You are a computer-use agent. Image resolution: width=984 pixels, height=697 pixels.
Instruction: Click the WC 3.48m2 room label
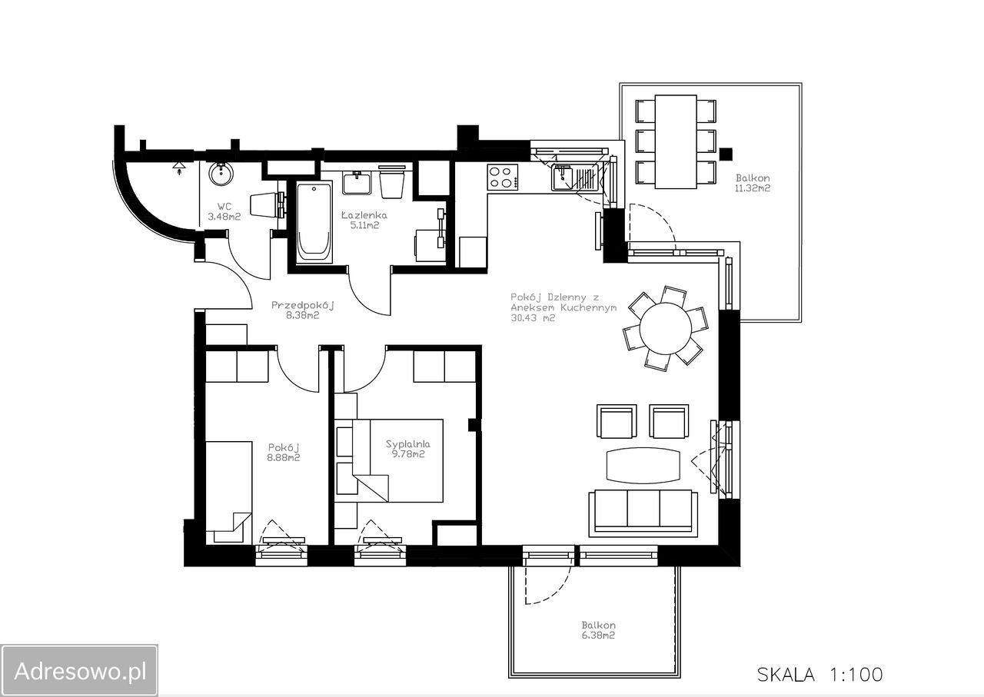point(224,211)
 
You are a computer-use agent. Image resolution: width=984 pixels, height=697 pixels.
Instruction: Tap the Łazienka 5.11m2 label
point(364,220)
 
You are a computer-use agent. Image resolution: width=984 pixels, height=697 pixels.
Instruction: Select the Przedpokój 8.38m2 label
point(303,310)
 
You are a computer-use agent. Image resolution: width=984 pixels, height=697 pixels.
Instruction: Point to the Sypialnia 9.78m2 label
point(408,449)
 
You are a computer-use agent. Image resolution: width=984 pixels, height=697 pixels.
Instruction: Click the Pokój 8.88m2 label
point(284,453)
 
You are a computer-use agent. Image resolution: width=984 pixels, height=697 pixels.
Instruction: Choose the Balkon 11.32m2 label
point(753,183)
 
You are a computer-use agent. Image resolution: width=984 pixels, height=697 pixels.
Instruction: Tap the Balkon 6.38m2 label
point(598,630)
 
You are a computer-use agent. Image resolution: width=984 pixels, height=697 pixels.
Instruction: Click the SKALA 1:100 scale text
point(820,675)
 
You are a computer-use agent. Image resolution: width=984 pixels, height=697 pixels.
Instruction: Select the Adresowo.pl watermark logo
point(79,671)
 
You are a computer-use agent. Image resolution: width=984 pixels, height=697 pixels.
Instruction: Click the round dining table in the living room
point(666,328)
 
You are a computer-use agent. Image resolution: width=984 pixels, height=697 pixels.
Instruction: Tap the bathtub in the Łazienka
point(314,224)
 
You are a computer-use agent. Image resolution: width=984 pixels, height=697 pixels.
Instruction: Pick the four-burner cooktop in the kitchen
point(502,177)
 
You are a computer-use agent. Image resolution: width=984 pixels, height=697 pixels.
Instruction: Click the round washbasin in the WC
point(221,174)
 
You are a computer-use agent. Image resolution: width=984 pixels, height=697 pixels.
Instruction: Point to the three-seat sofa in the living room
point(643,514)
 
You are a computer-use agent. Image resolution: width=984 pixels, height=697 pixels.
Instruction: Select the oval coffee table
point(643,465)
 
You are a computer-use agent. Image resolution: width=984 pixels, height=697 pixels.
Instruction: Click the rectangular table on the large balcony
point(676,142)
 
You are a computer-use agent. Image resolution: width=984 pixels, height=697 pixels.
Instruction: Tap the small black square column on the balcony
point(726,154)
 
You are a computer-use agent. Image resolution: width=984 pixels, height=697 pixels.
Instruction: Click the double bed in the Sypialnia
point(389,460)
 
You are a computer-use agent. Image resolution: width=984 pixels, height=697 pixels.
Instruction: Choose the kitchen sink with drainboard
point(575,178)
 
